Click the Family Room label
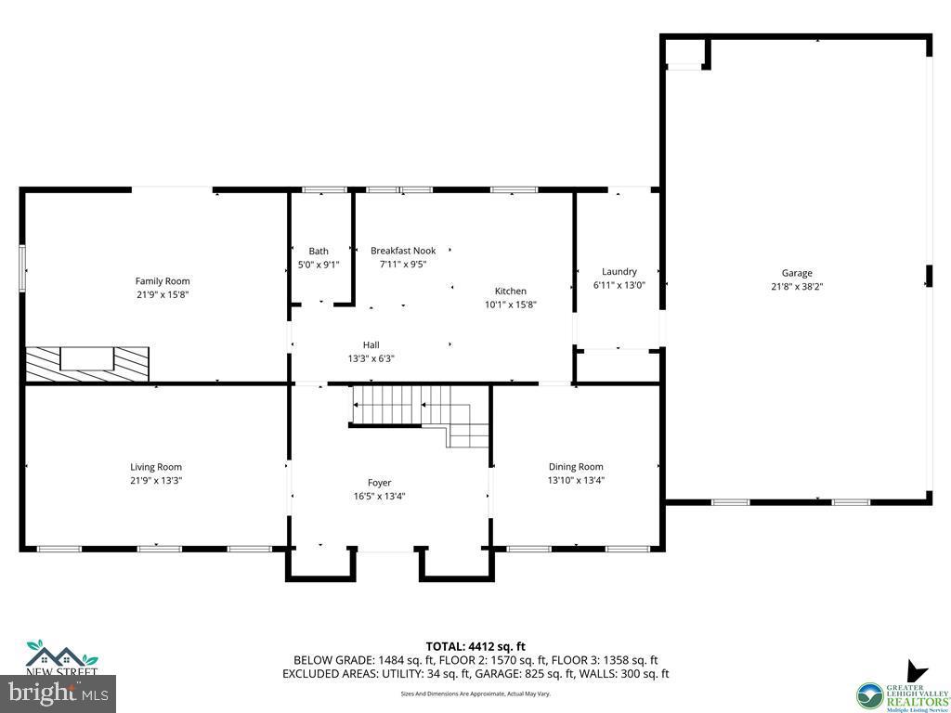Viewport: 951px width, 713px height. [163, 281]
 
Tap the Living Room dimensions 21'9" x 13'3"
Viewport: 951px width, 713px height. [156, 481]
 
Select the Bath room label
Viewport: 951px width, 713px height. [319, 251]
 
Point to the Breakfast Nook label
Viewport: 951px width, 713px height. [403, 251]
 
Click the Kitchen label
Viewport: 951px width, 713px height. [511, 291]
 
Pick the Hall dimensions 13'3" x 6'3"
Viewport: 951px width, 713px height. [371, 358]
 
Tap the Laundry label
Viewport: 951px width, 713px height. [619, 272]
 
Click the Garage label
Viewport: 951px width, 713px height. [797, 273]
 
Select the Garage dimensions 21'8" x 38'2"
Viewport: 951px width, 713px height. [797, 287]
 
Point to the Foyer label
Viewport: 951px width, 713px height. [379, 483]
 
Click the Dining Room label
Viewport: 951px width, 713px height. [577, 467]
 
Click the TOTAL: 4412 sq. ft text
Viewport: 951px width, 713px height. [475, 646]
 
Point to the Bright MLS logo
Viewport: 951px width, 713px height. [58, 692]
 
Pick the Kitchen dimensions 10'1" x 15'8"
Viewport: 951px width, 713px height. [511, 305]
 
